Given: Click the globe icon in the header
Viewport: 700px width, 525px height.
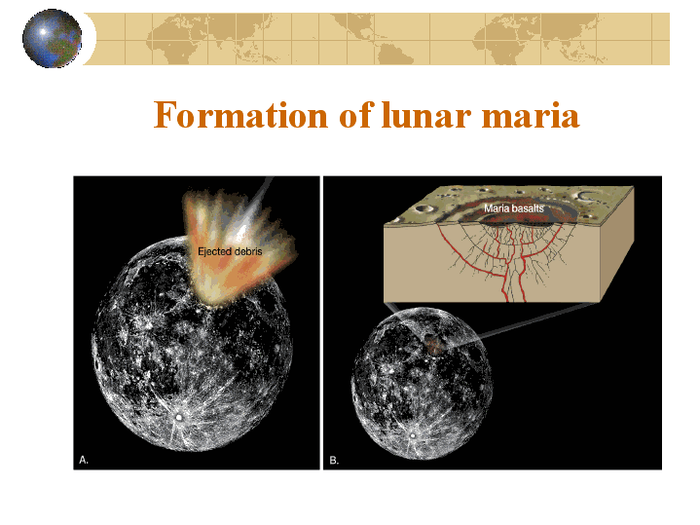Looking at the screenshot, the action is [53, 38].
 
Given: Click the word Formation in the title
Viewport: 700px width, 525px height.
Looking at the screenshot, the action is [240, 115].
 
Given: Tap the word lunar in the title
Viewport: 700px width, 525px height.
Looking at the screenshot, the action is [426, 115].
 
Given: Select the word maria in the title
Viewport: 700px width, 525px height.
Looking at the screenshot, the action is [531, 116].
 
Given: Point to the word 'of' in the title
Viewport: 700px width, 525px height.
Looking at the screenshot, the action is [355, 115].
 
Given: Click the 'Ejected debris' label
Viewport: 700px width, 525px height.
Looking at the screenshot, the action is [230, 251].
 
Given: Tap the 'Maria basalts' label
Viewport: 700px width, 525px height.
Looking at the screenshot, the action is [514, 208].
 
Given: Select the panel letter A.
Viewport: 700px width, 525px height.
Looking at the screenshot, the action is [84, 460].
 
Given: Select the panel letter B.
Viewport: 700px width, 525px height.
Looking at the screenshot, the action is [334, 460].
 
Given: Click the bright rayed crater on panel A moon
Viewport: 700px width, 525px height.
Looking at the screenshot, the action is [179, 417].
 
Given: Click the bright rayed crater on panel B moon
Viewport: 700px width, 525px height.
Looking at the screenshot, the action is [414, 434].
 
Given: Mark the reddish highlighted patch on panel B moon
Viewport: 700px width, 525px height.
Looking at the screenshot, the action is [433, 346].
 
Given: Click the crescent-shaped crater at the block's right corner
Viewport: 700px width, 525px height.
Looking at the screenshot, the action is [588, 196].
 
